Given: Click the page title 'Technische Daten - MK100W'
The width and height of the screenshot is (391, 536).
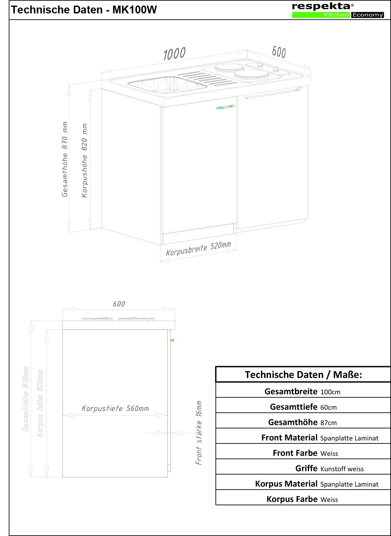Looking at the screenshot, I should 84,10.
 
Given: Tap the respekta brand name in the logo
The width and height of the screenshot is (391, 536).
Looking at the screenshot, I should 321,6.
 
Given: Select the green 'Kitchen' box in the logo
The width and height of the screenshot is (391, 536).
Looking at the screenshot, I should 321,15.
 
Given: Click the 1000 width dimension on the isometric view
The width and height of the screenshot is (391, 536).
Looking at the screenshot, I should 174,54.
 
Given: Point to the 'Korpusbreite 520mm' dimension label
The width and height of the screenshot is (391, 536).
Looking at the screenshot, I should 198,249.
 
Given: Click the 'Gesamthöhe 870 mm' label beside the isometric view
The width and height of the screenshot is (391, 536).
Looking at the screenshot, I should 65,159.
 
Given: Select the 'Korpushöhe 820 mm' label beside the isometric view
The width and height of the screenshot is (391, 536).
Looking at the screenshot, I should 84,160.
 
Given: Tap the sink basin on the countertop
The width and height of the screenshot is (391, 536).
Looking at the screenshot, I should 167,84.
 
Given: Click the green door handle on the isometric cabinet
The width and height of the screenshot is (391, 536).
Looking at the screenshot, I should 225,107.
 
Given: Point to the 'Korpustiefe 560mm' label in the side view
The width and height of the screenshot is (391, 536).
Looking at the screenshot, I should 115,408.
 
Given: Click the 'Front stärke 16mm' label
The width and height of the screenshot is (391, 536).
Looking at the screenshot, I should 199,433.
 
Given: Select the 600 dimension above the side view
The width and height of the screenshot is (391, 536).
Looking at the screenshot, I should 119,304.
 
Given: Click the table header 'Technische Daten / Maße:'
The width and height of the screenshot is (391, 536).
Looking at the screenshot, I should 303,375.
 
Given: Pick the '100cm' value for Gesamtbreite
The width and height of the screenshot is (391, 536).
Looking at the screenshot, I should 330,392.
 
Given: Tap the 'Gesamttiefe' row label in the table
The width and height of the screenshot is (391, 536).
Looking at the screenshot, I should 293,407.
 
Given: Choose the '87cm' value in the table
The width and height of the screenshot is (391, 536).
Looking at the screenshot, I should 328,423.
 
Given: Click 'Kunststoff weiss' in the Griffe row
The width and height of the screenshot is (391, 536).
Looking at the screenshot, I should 342,469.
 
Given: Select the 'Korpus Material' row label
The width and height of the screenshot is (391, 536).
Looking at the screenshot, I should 286,484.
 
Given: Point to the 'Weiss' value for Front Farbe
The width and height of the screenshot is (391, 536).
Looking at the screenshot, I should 329,454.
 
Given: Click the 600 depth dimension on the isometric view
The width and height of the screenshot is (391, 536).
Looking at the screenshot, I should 279,52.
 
